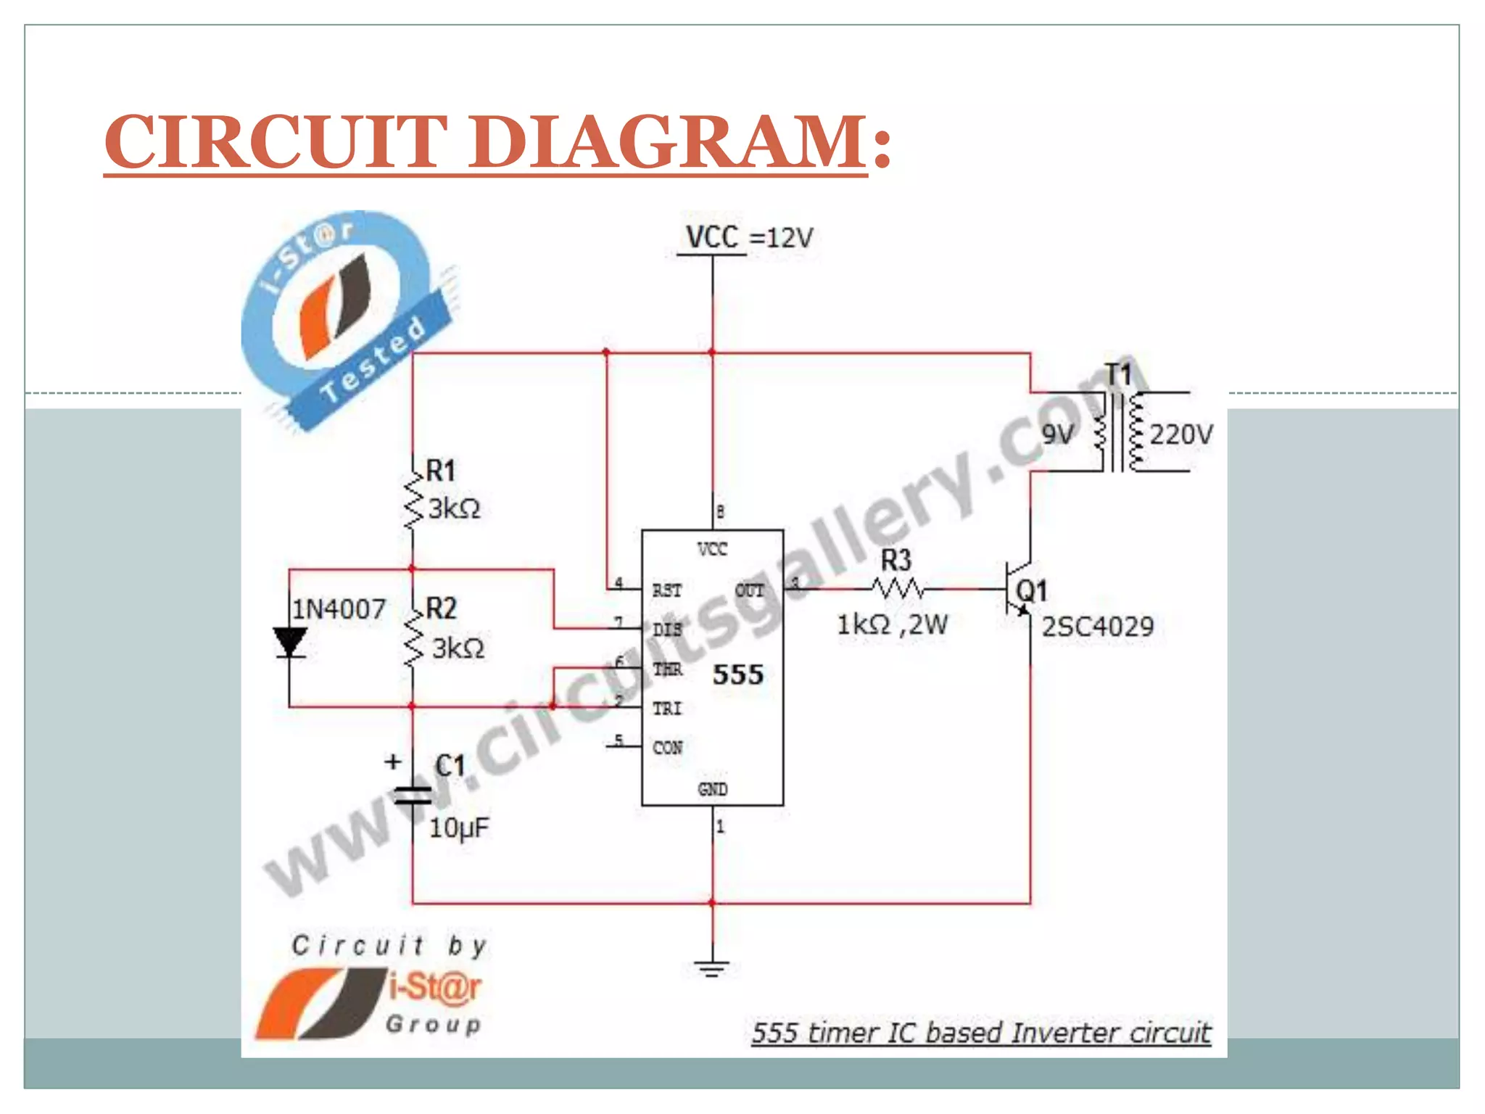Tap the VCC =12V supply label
pyautogui.click(x=749, y=237)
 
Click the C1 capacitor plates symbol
pyautogui.click(x=413, y=796)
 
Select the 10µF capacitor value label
pyautogui.click(x=459, y=828)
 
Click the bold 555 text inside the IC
pyautogui.click(x=737, y=674)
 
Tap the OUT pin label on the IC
pyautogui.click(x=749, y=590)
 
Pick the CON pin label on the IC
pyautogui.click(x=667, y=747)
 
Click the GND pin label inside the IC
pyautogui.click(x=712, y=788)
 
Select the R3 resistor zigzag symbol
pyautogui.click(x=898, y=588)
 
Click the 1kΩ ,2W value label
pyautogui.click(x=892, y=624)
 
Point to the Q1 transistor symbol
pyautogui.click(x=1019, y=589)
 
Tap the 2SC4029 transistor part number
pyautogui.click(x=1097, y=627)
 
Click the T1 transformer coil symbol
pyautogui.click(x=1119, y=432)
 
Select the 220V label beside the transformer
pyautogui.click(x=1180, y=434)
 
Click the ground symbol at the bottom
pyautogui.click(x=712, y=967)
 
